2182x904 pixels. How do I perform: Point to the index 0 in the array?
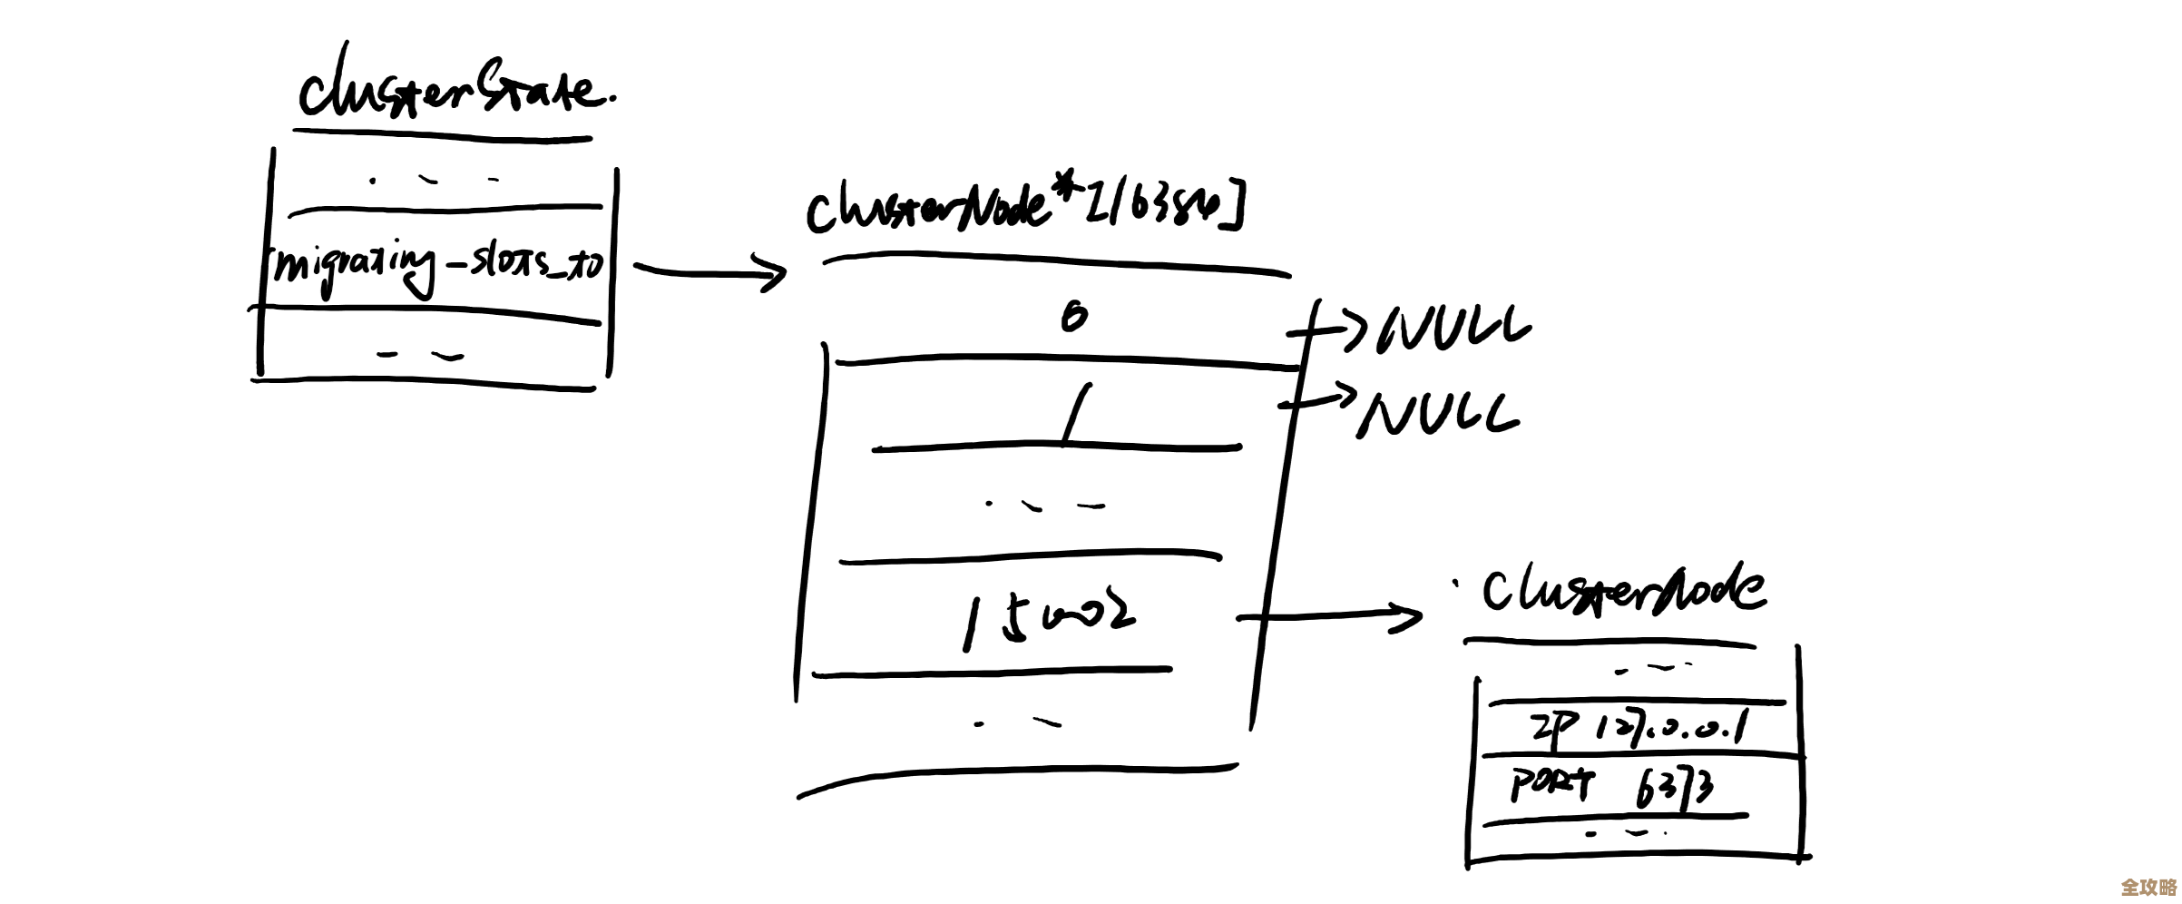pos(1073,317)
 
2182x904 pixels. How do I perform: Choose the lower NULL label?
pos(1439,416)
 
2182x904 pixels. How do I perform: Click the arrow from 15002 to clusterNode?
pos(1328,617)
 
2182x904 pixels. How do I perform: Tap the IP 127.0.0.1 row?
pos(1639,728)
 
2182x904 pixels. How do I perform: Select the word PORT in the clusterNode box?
pos(1551,784)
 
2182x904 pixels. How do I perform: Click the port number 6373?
pos(1675,787)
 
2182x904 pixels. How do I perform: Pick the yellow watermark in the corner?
pos(2148,886)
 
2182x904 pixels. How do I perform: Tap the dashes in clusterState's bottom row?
pos(420,356)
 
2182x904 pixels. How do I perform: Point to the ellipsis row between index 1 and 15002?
pos(1044,506)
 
